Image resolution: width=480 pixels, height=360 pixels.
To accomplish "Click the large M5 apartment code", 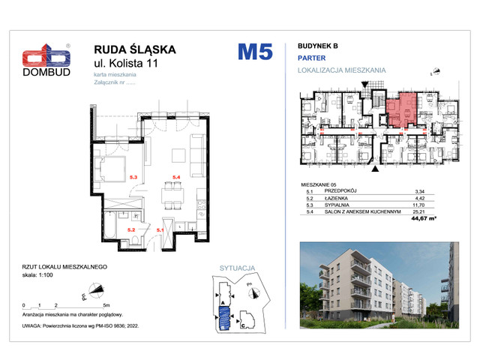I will point(255,52).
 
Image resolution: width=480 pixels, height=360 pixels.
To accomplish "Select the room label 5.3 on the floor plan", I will point(133,177).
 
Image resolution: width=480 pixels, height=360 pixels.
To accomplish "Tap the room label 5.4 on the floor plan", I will point(178,177).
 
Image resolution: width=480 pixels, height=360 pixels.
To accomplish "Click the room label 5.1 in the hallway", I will point(159,229).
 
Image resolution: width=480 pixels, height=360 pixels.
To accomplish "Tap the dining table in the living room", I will point(178,195).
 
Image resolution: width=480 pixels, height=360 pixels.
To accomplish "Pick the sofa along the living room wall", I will point(196,153).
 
